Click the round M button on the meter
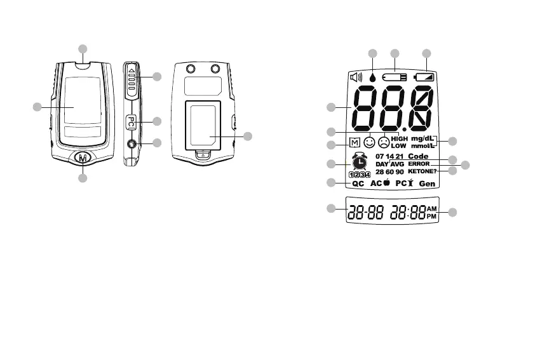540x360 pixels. (x=83, y=157)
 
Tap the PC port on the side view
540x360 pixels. (x=130, y=121)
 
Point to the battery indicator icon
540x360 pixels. (x=426, y=77)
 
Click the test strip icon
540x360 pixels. (x=395, y=77)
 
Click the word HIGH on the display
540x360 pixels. (x=399, y=138)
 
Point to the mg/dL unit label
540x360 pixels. (x=422, y=138)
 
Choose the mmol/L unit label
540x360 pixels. (x=422, y=146)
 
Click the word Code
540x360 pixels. (x=419, y=156)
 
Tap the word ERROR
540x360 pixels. (x=419, y=164)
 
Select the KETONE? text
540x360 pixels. (x=421, y=171)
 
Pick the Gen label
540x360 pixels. (x=426, y=183)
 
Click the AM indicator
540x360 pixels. (x=432, y=208)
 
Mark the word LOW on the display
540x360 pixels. (x=398, y=146)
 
